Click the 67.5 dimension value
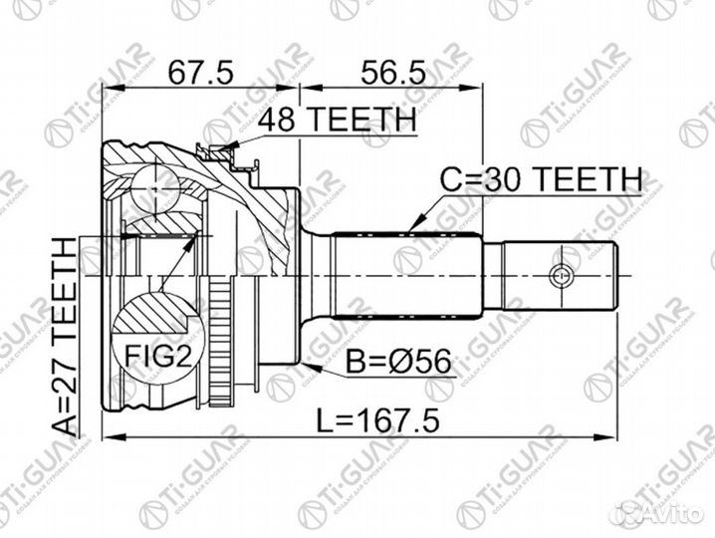199,73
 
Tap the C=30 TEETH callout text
542,181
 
